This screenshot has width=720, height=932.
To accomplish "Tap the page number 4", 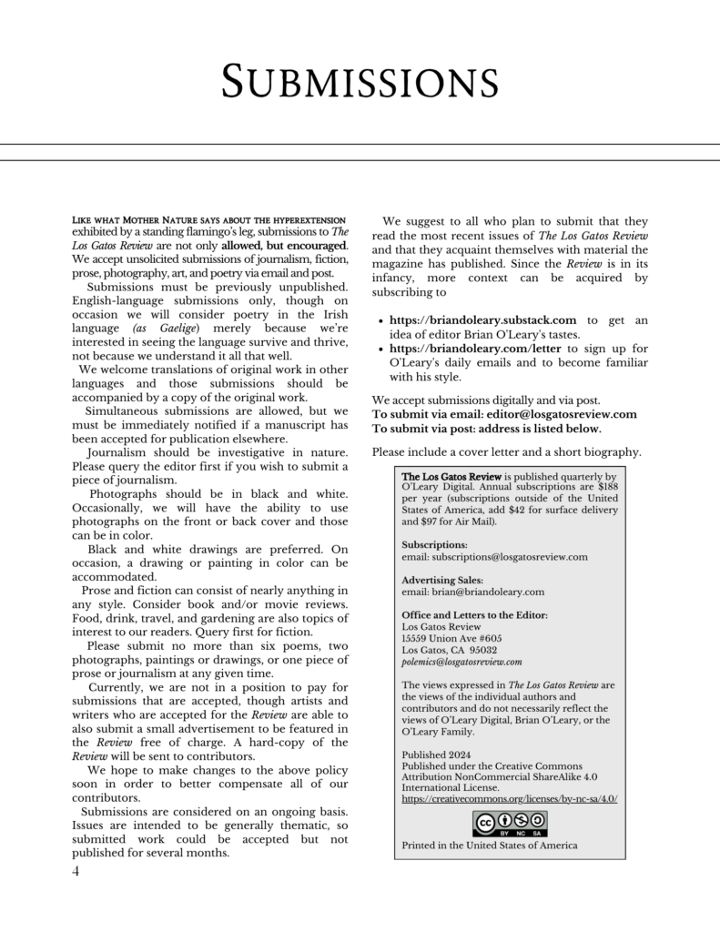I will [x=76, y=872].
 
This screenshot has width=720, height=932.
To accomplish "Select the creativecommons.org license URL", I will [x=510, y=798].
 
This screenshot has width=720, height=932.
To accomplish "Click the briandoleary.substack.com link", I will [x=482, y=319].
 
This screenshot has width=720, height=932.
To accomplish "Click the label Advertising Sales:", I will [x=442, y=580].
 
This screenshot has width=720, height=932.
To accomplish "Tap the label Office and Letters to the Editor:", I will [x=474, y=615].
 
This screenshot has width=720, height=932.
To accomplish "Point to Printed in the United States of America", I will [x=489, y=846].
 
